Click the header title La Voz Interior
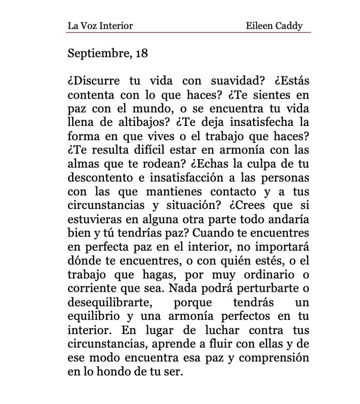(x=100, y=26)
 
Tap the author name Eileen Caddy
(x=274, y=26)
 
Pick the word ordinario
(x=267, y=275)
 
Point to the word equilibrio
(x=89, y=316)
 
